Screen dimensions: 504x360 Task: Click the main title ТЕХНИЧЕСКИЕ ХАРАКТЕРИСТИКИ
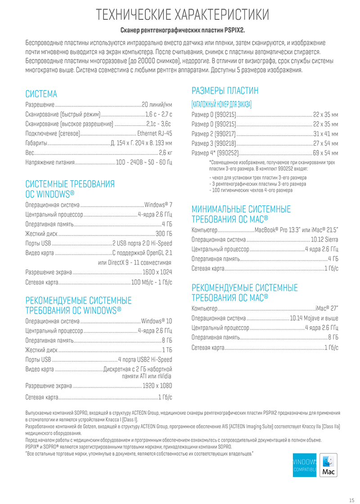click(182, 14)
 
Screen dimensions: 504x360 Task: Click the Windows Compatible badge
click(305, 465)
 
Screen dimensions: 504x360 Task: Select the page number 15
click(351, 499)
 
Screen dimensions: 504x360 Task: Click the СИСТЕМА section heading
click(41, 94)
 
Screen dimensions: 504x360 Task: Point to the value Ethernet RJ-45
click(154, 133)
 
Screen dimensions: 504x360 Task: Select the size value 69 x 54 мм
click(325, 153)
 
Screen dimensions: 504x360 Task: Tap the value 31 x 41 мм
click(325, 134)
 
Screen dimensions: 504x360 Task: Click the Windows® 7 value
click(158, 204)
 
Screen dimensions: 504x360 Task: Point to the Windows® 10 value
click(157, 322)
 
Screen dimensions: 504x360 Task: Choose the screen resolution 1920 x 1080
click(157, 386)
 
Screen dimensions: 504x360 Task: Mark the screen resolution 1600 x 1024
click(157, 272)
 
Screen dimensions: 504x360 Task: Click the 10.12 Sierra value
click(324, 239)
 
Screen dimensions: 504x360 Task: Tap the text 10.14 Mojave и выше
click(314, 318)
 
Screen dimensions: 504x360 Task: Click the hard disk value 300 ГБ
click(164, 233)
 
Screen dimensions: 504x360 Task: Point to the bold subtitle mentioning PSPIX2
click(182, 31)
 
